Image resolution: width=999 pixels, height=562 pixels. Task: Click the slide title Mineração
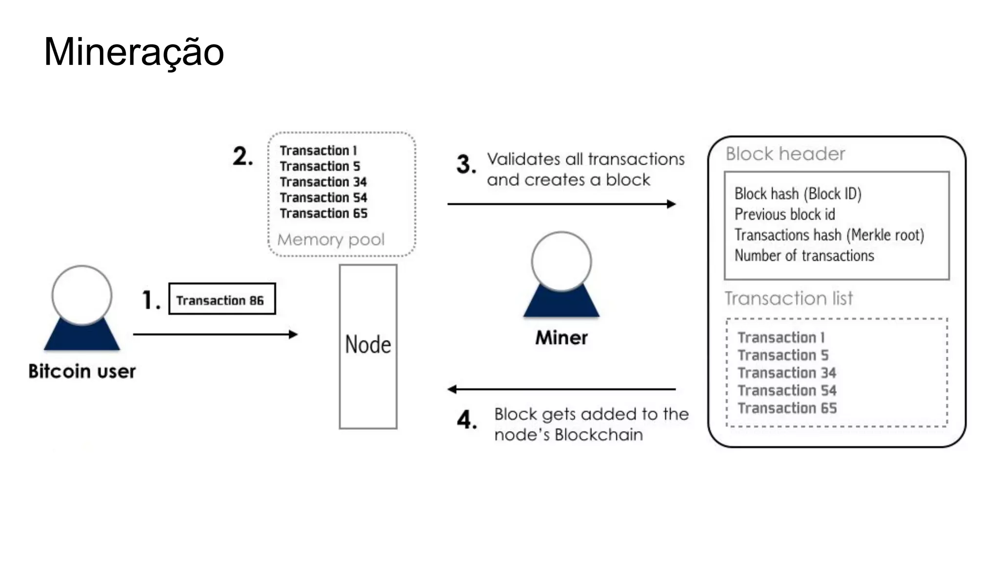click(x=134, y=52)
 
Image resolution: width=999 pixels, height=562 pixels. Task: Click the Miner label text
click(x=561, y=338)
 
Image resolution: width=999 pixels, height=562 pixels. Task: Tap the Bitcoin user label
click(x=82, y=371)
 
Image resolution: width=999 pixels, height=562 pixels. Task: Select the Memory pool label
click(x=331, y=240)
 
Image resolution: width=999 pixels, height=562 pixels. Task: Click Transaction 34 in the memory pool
click(x=323, y=182)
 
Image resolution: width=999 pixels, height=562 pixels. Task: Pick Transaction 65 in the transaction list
click(x=787, y=408)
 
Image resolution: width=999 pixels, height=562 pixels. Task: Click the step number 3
click(x=466, y=164)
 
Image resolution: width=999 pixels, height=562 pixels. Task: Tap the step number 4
click(x=467, y=420)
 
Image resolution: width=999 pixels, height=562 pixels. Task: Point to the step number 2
click(x=242, y=156)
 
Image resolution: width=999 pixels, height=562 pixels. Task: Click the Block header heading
click(x=785, y=154)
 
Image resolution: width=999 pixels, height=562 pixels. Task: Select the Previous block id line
click(x=785, y=214)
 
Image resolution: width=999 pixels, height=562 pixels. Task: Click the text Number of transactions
click(x=804, y=256)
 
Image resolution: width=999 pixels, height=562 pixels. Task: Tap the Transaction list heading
click(x=788, y=298)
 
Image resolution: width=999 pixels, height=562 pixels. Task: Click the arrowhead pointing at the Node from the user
click(x=293, y=334)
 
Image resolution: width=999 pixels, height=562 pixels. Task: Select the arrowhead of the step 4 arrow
click(x=452, y=389)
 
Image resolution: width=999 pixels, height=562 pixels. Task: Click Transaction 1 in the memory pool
click(x=318, y=151)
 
